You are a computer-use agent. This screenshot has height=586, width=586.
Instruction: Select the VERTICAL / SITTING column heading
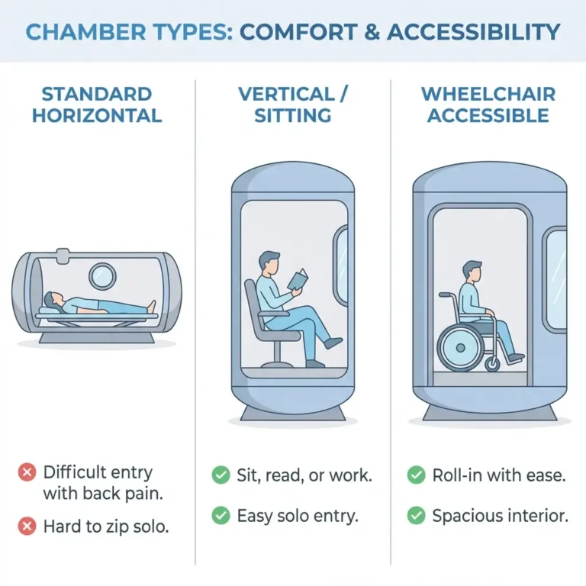click(x=293, y=105)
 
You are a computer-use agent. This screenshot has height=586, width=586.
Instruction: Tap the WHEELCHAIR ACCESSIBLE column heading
click(x=488, y=105)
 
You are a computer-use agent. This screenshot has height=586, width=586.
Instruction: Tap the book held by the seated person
click(x=298, y=280)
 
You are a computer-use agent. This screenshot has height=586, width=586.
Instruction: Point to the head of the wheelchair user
click(x=472, y=271)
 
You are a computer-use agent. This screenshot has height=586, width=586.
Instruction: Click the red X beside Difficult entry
click(x=26, y=473)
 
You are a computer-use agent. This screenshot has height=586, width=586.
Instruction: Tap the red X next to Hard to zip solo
click(x=26, y=526)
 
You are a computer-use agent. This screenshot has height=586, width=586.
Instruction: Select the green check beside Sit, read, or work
click(x=221, y=475)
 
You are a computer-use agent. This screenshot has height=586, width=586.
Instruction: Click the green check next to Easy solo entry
click(x=221, y=517)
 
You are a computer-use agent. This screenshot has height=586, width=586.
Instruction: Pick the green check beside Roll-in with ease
click(x=416, y=475)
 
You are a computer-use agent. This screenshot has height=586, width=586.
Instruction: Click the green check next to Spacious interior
click(x=416, y=517)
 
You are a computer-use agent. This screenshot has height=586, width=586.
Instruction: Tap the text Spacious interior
click(x=500, y=517)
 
